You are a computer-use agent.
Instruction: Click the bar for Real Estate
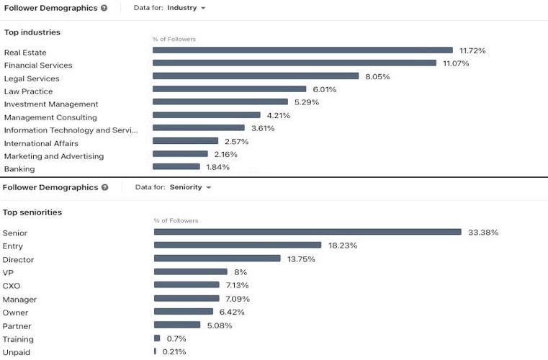(302, 50)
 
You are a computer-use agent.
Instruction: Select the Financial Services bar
(295, 63)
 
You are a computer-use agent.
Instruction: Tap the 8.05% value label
(377, 76)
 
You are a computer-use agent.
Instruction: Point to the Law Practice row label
(28, 91)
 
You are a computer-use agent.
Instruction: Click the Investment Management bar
(220, 102)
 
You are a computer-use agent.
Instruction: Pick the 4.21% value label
(278, 115)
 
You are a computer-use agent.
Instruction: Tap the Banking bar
(176, 167)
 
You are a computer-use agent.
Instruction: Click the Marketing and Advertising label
(54, 156)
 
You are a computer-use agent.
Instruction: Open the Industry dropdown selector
(186, 8)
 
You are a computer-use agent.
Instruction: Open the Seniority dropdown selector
(190, 187)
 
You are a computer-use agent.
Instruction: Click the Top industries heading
(32, 32)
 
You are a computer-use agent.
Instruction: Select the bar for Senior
(307, 232)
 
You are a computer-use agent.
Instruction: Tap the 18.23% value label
(343, 246)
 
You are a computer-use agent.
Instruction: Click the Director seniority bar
(217, 258)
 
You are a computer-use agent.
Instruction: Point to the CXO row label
(12, 286)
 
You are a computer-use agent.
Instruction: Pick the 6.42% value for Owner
(232, 312)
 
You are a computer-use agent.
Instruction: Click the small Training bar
(157, 338)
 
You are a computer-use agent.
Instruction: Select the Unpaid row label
(16, 352)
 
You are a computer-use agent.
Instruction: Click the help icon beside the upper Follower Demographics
(104, 8)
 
